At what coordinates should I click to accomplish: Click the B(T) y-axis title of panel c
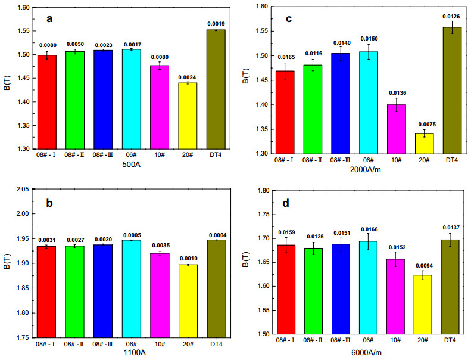[x=245, y=79]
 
